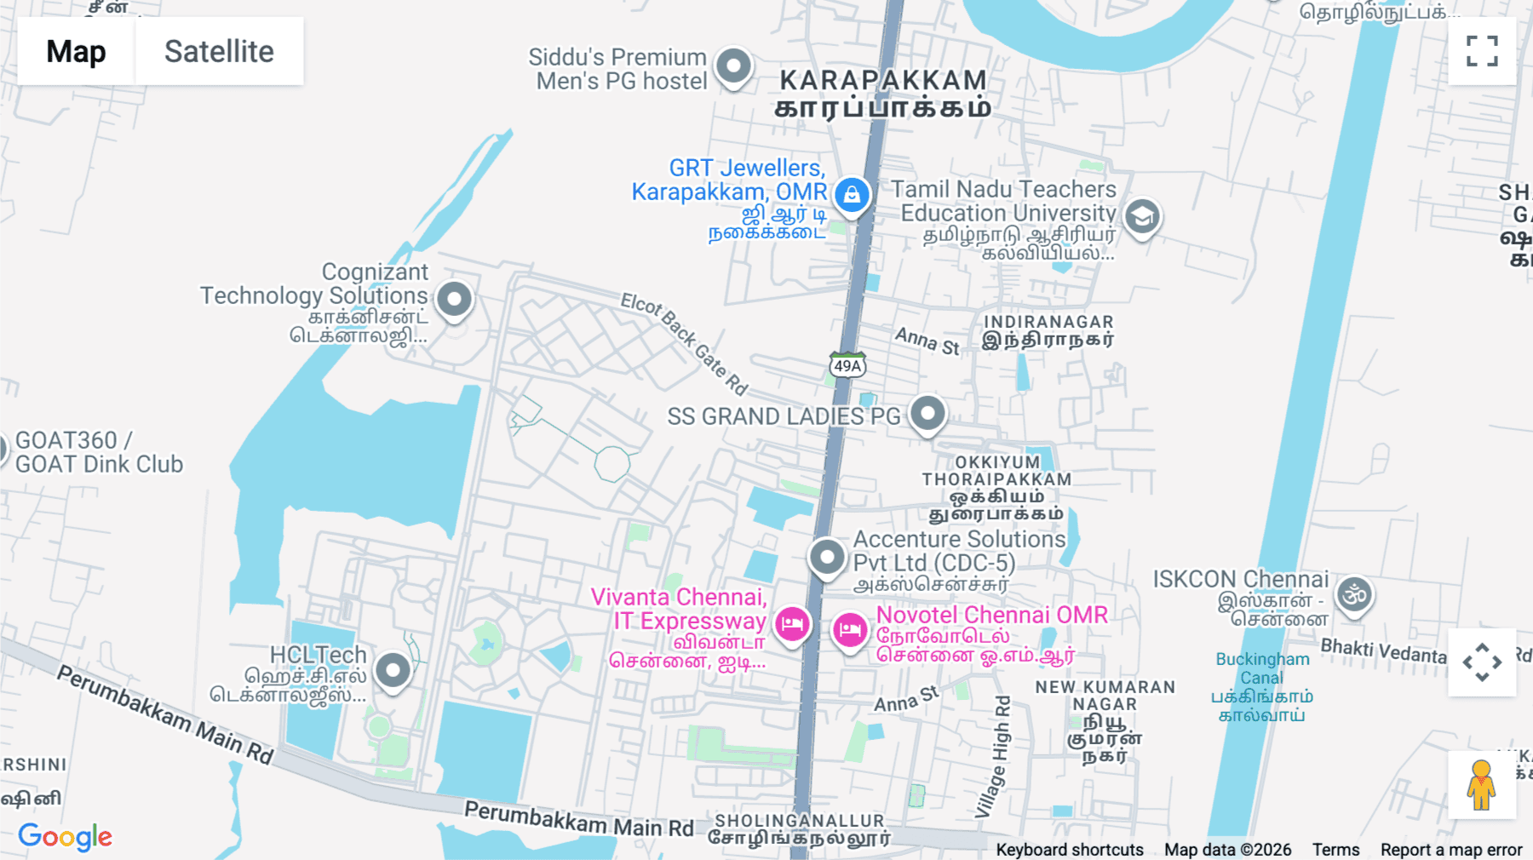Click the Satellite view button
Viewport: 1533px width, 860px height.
tap(219, 51)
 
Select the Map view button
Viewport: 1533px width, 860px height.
tap(76, 51)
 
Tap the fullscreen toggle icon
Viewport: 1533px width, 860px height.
tap(1482, 51)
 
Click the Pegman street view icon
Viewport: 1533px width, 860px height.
tap(1481, 784)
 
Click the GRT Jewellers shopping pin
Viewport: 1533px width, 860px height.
tap(852, 195)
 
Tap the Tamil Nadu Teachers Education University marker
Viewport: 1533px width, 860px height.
tap(1142, 216)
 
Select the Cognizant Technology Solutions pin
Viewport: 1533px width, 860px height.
tap(454, 299)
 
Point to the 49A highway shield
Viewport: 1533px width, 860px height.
tap(847, 365)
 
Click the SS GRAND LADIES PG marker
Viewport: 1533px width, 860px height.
tap(927, 414)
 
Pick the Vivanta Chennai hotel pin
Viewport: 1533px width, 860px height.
tap(792, 624)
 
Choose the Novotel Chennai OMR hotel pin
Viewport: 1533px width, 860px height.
tap(849, 631)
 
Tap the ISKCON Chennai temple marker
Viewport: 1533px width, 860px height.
tap(1354, 594)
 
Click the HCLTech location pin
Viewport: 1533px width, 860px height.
tap(393, 671)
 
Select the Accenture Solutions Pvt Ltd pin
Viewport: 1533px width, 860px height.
tap(826, 557)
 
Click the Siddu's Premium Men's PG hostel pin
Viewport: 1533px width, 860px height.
tap(733, 66)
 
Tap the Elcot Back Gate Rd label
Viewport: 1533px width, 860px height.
tap(683, 342)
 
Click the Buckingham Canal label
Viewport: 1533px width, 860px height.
tap(1261, 668)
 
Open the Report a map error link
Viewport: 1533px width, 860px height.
tap(1450, 849)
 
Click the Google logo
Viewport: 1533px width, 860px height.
tap(66, 836)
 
